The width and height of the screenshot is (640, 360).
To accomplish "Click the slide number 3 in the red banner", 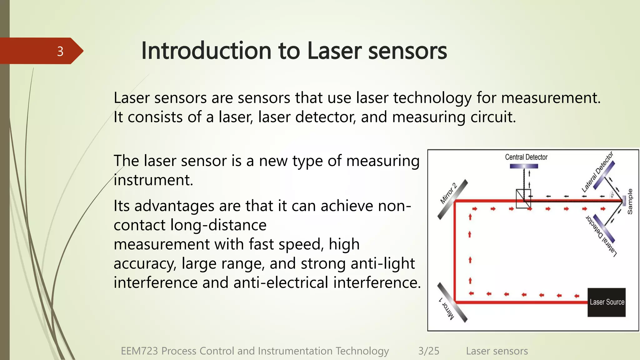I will click(60, 51).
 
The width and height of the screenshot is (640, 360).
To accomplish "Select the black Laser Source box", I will click(606, 302).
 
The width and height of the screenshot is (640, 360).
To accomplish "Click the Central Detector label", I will click(526, 157).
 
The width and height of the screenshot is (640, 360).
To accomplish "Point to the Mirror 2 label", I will click(448, 193).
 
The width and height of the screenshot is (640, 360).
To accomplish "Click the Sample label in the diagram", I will click(630, 202).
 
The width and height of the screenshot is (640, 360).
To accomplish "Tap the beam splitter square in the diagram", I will click(523, 199).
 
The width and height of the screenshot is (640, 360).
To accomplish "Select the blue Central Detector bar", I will click(524, 166).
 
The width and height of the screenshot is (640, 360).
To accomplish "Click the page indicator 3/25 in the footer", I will click(428, 351).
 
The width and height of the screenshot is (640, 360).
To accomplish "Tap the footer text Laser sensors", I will click(497, 351).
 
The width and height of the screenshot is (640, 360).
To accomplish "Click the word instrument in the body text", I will click(152, 180).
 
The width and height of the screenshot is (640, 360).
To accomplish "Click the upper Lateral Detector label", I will click(597, 172).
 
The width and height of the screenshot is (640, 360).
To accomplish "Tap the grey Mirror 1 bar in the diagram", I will click(452, 302).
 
